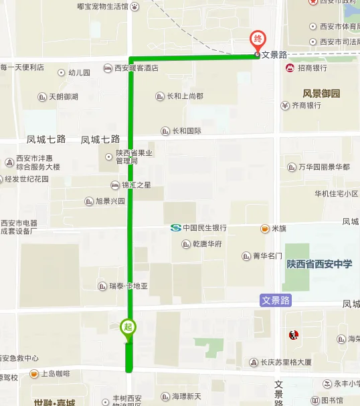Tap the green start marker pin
pyautogui.click(x=127, y=328)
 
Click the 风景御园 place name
pyautogui.click(x=321, y=94)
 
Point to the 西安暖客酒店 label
pyautogui.click(x=136, y=68)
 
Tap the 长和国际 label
pyautogui.click(x=186, y=131)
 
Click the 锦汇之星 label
pyautogui.click(x=136, y=185)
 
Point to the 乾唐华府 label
pyautogui.click(x=205, y=243)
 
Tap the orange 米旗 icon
pyautogui.click(x=265, y=228)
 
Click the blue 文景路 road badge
pyautogui.click(x=276, y=301)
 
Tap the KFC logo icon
pyautogui.click(x=292, y=334)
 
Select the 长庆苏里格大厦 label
pyautogui.click(x=286, y=363)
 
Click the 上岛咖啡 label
pyautogui.click(x=56, y=373)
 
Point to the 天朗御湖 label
pyautogui.click(x=63, y=97)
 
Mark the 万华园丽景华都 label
pyautogui.click(x=323, y=167)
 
